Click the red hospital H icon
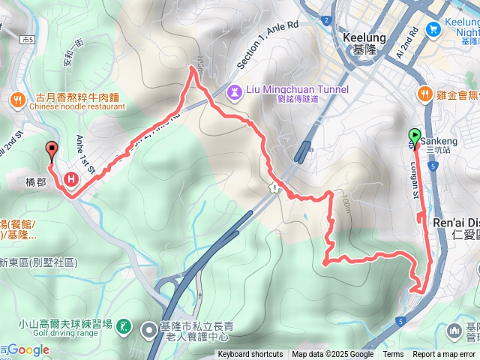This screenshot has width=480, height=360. click(x=71, y=179)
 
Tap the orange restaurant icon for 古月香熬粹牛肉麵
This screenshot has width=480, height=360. click(x=19, y=97)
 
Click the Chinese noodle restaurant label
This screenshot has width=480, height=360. click(x=77, y=107)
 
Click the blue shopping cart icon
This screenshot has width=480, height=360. click(x=432, y=28)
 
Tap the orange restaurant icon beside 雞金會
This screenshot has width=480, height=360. click(x=426, y=94)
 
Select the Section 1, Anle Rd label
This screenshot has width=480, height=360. click(x=267, y=46)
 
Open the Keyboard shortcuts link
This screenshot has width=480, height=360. click(x=250, y=355)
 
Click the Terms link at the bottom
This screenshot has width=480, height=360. click(x=393, y=355)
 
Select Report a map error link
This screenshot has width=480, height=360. click(x=445, y=355)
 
